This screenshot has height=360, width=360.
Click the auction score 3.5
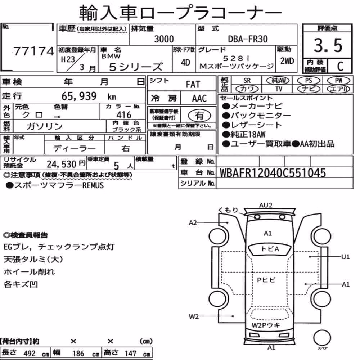pos(328,45)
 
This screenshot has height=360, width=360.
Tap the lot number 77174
pos(34,51)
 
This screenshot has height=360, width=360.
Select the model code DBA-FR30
pos(248,39)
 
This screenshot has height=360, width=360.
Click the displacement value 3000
pos(164,39)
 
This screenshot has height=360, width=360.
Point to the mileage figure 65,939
pos(79,96)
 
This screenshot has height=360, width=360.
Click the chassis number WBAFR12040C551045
pos(273,173)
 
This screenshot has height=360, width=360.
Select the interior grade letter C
pos(340,66)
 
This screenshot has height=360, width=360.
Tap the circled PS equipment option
pos(309,81)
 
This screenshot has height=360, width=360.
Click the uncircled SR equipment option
pos(247,81)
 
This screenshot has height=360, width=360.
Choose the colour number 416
pos(124,115)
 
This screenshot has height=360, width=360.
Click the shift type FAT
pos(193,85)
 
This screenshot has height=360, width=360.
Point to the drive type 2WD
pos(287,61)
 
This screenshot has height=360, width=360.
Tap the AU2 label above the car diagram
pos(266,205)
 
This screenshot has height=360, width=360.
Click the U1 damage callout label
pos(346,257)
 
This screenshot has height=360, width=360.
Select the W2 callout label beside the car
pos(193,316)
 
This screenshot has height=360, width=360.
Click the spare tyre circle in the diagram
pos(322,338)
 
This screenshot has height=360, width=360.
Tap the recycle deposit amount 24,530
pos(62,164)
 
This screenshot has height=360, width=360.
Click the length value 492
pos(30,354)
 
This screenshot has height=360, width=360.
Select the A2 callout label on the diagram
pos(193,223)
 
